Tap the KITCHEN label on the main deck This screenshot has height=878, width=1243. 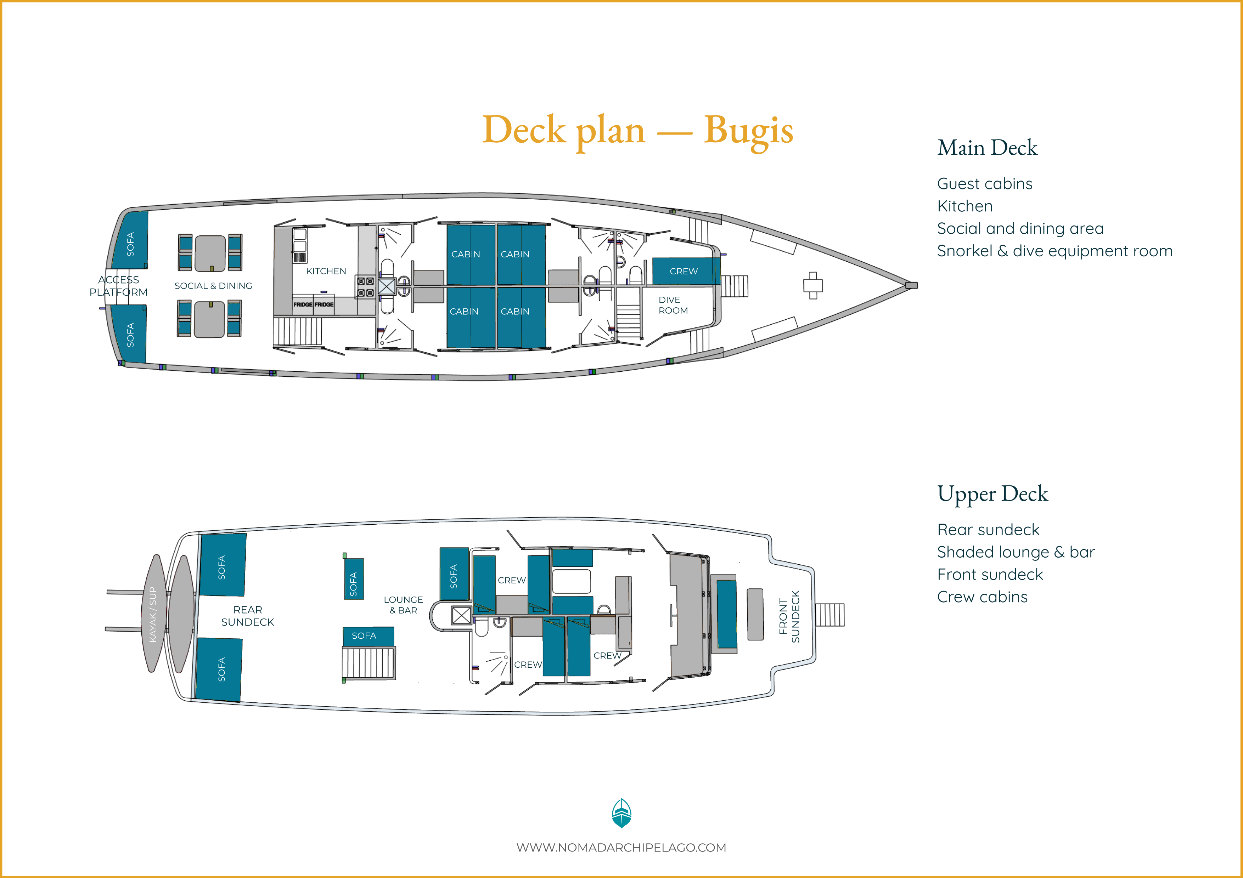[x=326, y=271]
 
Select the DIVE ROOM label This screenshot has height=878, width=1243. [x=673, y=305]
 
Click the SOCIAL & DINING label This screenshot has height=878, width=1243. [x=213, y=286]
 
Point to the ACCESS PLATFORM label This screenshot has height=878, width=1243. [x=119, y=286]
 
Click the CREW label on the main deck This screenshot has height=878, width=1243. [x=684, y=271]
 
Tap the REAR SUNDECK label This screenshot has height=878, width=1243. [x=247, y=616]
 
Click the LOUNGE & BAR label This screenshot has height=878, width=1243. [x=403, y=605]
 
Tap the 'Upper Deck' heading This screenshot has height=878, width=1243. [x=992, y=494]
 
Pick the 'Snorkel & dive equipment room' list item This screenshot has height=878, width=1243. [x=1054, y=251]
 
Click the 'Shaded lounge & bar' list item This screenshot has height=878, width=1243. [x=1016, y=552]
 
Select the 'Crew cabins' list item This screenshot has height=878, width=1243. [x=982, y=597]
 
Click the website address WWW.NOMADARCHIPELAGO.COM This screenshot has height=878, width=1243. [x=621, y=848]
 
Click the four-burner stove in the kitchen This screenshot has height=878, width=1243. [x=365, y=287]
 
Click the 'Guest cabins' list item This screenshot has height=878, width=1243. [x=985, y=184]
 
